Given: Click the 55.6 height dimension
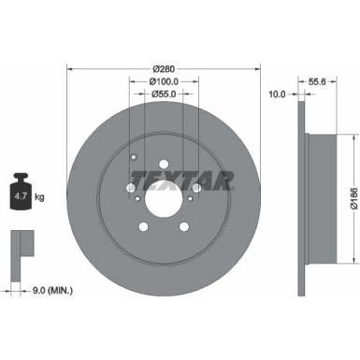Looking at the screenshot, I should click(x=316, y=82).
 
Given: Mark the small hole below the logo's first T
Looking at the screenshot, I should click(x=137, y=197).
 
